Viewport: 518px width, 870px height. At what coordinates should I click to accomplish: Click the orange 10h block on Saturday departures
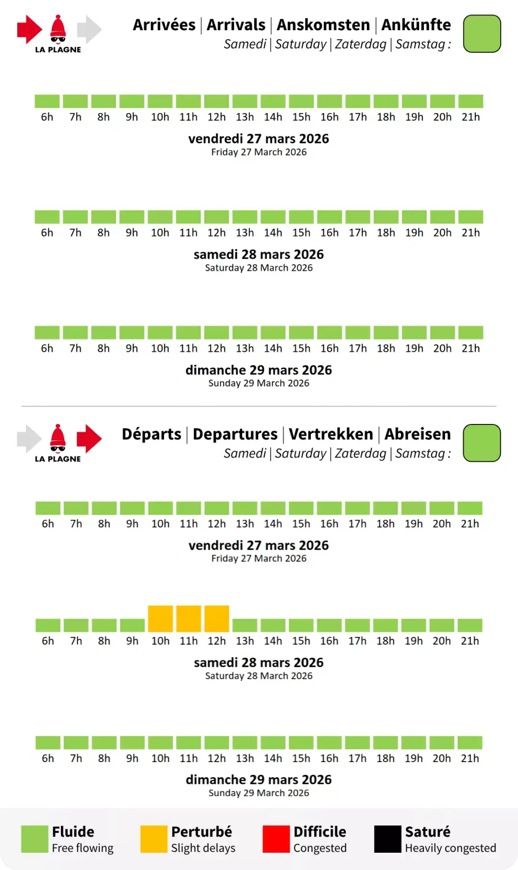point(160,619)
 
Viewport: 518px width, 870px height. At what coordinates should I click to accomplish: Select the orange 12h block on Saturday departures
point(217,619)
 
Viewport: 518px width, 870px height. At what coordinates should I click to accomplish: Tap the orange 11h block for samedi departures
point(188,619)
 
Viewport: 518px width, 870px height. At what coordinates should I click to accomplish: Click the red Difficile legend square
point(276,839)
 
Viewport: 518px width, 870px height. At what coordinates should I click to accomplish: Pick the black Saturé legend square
point(388,839)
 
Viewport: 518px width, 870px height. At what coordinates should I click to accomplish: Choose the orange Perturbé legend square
point(153,839)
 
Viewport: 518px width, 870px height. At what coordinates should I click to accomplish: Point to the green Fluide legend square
point(35,839)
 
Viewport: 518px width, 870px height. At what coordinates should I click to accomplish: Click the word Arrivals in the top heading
point(236,25)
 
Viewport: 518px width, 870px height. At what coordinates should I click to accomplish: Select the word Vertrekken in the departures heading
point(331,434)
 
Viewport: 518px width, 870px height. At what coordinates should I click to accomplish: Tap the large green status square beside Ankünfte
point(482,34)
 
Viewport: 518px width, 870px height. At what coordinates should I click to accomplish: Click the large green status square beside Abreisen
point(482,443)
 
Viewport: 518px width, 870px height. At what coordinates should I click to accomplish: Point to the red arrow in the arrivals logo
point(29,29)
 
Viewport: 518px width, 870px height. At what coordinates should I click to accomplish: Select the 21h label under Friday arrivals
point(471,117)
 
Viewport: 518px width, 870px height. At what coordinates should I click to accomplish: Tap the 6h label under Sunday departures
point(48,758)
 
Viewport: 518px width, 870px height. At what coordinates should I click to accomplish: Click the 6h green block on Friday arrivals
point(47,101)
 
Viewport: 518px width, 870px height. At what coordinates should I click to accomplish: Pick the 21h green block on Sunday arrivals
point(471,332)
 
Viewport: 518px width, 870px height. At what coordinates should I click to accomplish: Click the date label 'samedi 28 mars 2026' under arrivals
point(259,254)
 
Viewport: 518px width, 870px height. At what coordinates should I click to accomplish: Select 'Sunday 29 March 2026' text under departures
point(259,793)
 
